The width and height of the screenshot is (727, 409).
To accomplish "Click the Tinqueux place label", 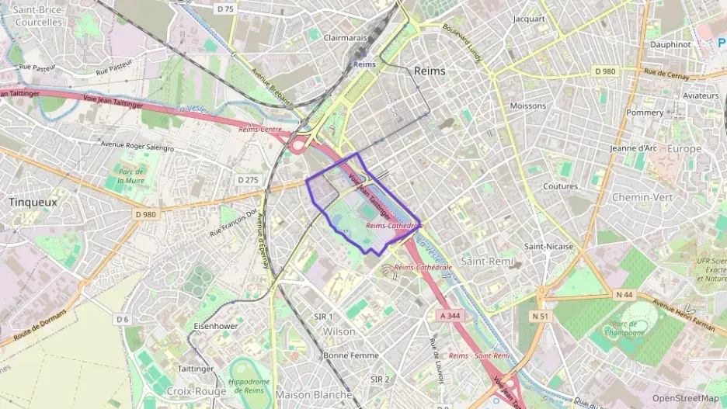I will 33,201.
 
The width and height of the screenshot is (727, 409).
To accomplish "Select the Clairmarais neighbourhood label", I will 345,37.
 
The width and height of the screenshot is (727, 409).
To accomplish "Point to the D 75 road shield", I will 225,9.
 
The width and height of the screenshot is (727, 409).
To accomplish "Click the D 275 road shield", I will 248,179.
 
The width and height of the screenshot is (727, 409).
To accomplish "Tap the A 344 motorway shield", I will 450,316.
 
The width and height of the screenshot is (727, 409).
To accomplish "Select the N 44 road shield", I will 624,294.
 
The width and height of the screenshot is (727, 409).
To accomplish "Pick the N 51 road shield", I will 541,316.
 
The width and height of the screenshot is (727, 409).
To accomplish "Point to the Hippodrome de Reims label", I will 249,385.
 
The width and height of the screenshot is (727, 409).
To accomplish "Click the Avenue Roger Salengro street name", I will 137,145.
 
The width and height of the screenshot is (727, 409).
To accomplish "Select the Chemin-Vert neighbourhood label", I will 642,197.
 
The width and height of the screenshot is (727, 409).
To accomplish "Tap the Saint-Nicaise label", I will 548,246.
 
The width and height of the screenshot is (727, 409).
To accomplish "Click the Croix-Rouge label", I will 196,391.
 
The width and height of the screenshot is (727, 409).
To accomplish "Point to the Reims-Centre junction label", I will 259,129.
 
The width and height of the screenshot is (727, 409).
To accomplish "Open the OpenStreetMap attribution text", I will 685,398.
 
